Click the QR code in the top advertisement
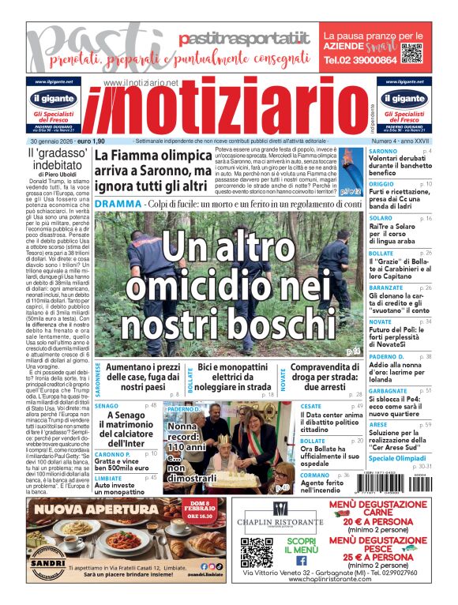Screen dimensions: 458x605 [413, 54]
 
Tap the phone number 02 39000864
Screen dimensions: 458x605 [360, 60]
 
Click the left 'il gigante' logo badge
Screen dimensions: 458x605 [54, 100]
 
